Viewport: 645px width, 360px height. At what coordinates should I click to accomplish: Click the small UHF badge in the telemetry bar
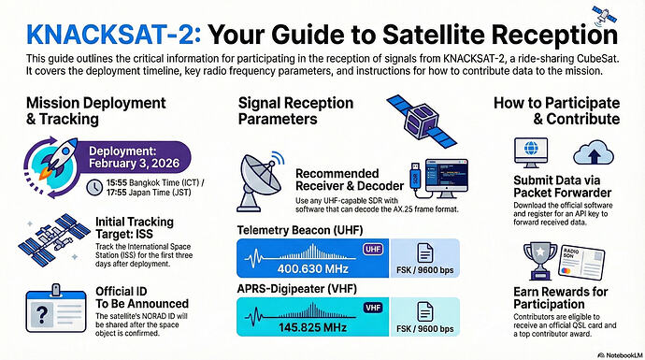click(370, 248)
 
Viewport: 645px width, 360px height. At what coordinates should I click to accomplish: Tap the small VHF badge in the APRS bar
click(370, 308)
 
